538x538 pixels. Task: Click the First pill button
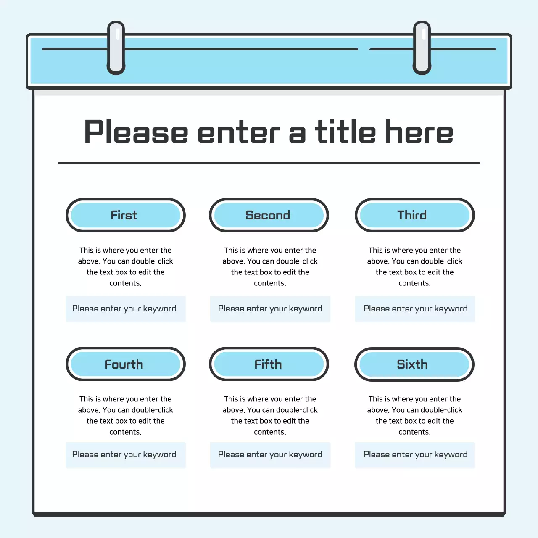[x=125, y=215]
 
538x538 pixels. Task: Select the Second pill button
[x=269, y=215]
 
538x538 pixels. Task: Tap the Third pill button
[x=414, y=215]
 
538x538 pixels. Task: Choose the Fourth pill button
[x=125, y=364]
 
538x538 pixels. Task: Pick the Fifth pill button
[x=269, y=364]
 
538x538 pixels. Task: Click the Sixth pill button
[x=414, y=364]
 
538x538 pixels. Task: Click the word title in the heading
[x=345, y=132]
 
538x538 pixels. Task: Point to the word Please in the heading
[x=136, y=132]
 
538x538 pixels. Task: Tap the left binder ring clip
[x=116, y=48]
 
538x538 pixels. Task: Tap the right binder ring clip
[x=422, y=48]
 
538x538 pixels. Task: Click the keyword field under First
[x=125, y=309]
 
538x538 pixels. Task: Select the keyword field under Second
[x=270, y=309]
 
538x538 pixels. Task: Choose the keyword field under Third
[x=415, y=309]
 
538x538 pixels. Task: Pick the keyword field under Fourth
[x=125, y=455]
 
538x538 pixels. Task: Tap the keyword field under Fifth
[x=270, y=455]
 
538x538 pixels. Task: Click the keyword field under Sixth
[x=415, y=455]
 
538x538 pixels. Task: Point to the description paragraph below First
[x=125, y=266]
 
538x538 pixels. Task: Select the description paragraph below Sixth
[x=415, y=415]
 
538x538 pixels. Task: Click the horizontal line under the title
[x=269, y=163]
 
